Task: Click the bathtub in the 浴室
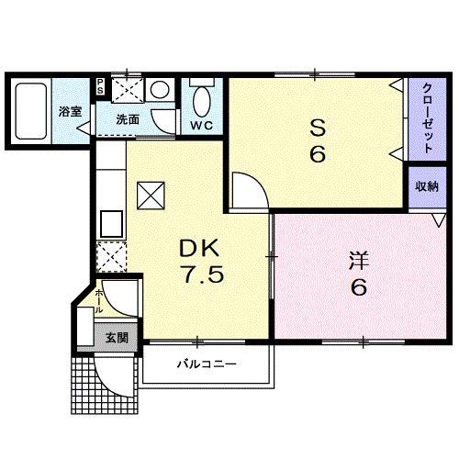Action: (x=31, y=111)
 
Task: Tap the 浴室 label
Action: (x=71, y=111)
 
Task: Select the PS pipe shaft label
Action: (x=100, y=87)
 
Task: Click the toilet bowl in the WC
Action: (x=202, y=101)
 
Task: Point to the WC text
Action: (x=202, y=125)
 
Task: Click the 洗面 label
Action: (x=128, y=119)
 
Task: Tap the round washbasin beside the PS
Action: (x=160, y=89)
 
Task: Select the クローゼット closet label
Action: (x=428, y=118)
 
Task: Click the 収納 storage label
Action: (x=427, y=186)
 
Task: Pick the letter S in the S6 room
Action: (x=318, y=128)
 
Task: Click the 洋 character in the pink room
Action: (x=359, y=261)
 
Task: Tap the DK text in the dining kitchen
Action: (x=199, y=248)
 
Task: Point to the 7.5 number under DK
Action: (x=202, y=274)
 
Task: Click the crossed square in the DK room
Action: (x=151, y=196)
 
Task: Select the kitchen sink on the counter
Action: (x=112, y=223)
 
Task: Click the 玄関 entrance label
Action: (x=117, y=338)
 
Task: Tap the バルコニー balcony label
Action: (x=207, y=364)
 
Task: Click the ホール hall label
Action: (x=99, y=301)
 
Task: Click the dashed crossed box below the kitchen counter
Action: (x=111, y=257)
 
